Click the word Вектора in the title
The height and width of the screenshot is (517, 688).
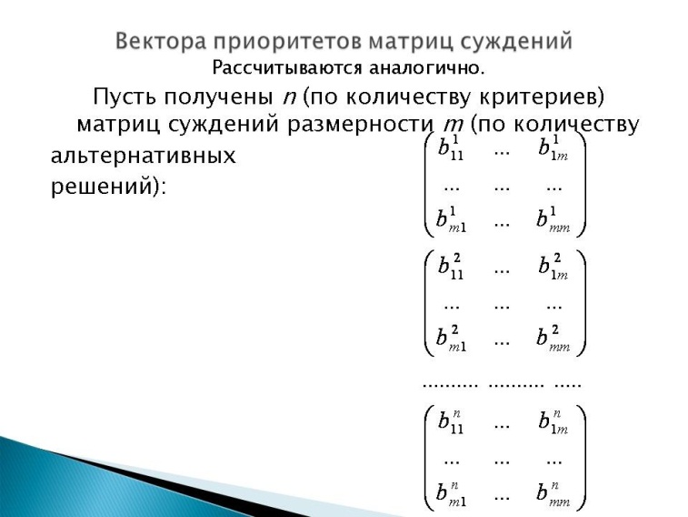coord(161,41)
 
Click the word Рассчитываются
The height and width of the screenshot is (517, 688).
coord(287,68)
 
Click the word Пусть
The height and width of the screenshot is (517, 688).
coord(125,96)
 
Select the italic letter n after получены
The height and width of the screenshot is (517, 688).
coord(290,98)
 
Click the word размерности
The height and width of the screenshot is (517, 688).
coord(360,125)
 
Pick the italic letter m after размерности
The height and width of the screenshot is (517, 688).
coord(453,126)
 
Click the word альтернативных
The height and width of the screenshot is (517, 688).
coord(143,156)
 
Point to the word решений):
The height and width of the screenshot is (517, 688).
coord(108,187)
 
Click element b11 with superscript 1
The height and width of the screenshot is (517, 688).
coord(451,147)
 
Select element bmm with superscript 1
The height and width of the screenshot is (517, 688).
coord(553,218)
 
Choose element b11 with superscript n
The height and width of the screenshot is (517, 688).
coord(451,421)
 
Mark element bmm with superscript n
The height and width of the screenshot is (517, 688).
coord(553,493)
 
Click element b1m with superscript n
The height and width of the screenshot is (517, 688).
coord(553,421)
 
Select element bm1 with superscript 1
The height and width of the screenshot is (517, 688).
coord(451,218)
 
